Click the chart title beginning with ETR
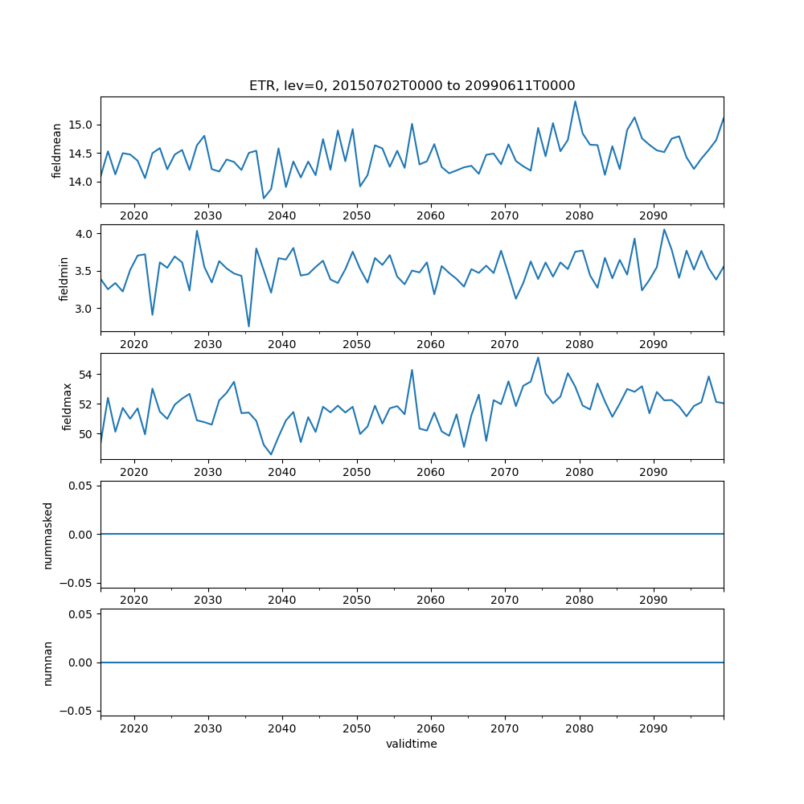pyautogui.click(x=412, y=86)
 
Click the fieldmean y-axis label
pyautogui.click(x=56, y=150)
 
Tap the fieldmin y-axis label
pyautogui.click(x=64, y=279)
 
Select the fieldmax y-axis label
pyautogui.click(x=68, y=407)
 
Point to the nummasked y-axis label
pyautogui.click(x=47, y=535)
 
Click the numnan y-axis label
pyautogui.click(x=47, y=663)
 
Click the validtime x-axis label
pyautogui.click(x=412, y=745)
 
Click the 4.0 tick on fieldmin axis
pyautogui.click(x=86, y=234)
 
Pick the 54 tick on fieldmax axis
pyautogui.click(x=88, y=374)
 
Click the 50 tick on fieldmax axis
pyautogui.click(x=88, y=434)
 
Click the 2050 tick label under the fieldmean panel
pyautogui.click(x=356, y=215)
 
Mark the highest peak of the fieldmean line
pyautogui.click(x=575, y=101)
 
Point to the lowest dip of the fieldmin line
pyautogui.click(x=248, y=326)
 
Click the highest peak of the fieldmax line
pyautogui.click(x=538, y=358)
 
